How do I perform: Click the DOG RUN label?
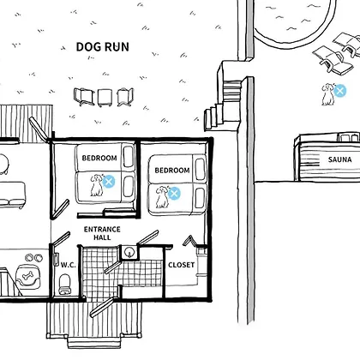pyautogui.click(x=103, y=47)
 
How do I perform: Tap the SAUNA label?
pyautogui.click(x=339, y=159)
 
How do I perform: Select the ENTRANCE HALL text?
pyautogui.click(x=102, y=233)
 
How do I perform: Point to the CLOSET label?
pyautogui.click(x=181, y=265)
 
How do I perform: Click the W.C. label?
pyautogui.click(x=69, y=265)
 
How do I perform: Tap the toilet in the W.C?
pyautogui.click(x=65, y=284)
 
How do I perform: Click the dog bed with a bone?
pyautogui.click(x=28, y=277)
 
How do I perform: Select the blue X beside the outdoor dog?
pyautogui.click(x=339, y=91)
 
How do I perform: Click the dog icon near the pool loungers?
pyautogui.click(x=327, y=94)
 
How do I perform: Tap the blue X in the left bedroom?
pyautogui.click(x=109, y=182)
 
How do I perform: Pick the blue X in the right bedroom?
pyautogui.click(x=174, y=194)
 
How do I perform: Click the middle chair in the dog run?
pyautogui.click(x=104, y=98)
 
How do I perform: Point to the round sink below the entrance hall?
pyautogui.click(x=129, y=253)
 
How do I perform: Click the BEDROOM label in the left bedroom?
pyautogui.click(x=99, y=158)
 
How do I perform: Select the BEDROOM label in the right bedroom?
pyautogui.click(x=172, y=171)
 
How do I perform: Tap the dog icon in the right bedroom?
pyautogui.click(x=162, y=197)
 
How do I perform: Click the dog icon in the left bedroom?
pyautogui.click(x=97, y=185)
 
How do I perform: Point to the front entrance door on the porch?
pyautogui.click(x=102, y=307)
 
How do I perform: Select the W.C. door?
pyautogui.click(x=61, y=239)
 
